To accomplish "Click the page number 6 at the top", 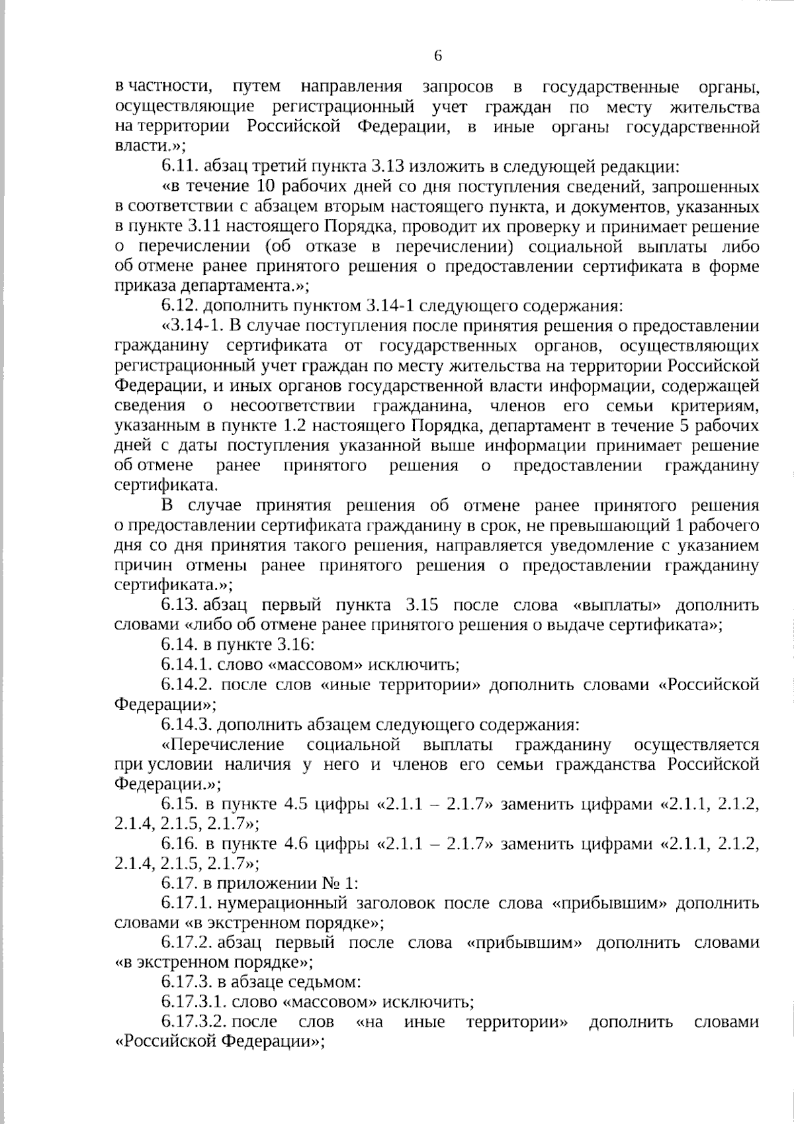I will [437, 56].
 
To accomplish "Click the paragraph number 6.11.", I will [179, 166].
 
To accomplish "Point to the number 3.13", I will [396, 166].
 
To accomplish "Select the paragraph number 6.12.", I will [179, 306].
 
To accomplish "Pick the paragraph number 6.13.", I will [179, 605].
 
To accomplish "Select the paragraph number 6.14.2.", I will [186, 685].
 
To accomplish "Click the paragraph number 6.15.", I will [179, 805].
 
